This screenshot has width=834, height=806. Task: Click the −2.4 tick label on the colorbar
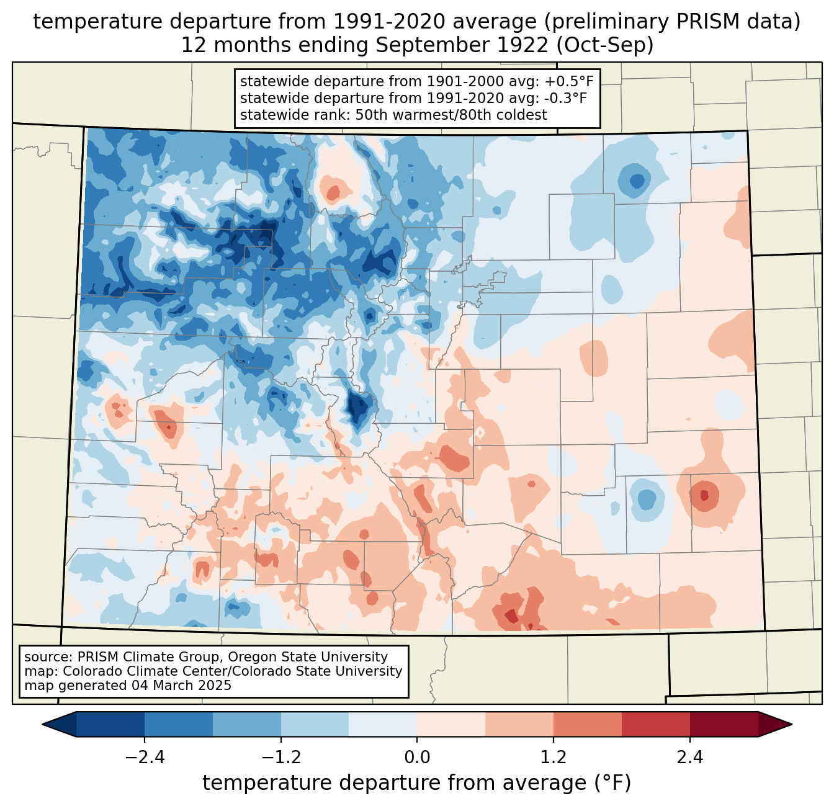145,758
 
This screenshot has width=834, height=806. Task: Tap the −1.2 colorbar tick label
280,758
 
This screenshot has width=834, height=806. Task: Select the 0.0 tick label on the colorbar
417,758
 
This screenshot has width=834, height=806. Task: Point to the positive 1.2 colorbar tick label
554,758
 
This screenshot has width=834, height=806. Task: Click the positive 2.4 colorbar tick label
689,758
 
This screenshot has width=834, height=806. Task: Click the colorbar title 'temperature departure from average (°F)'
416,783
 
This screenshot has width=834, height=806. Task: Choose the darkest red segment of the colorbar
724,724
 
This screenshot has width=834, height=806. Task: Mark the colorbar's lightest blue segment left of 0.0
383,724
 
